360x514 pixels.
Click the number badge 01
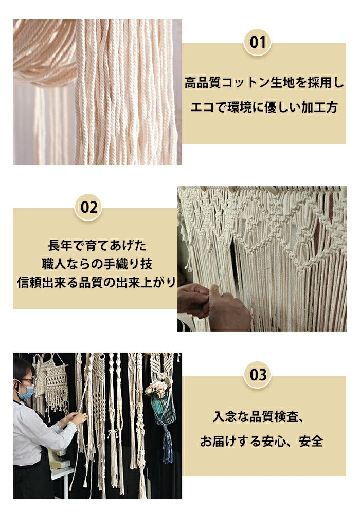pos(258,42)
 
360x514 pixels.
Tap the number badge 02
pos(88,207)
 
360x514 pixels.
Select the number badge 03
pos(258,374)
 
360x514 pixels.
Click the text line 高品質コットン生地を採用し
pos(264,82)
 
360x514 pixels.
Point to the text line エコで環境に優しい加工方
pos(264,107)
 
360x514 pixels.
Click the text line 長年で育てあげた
pos(97,245)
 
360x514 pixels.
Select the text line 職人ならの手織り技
pos(97,264)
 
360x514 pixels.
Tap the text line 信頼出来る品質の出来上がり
pos(97,282)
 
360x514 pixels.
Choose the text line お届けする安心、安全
pos(261,441)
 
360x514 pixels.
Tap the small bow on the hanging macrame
pos(113,433)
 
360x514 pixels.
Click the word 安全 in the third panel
pos(311,441)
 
